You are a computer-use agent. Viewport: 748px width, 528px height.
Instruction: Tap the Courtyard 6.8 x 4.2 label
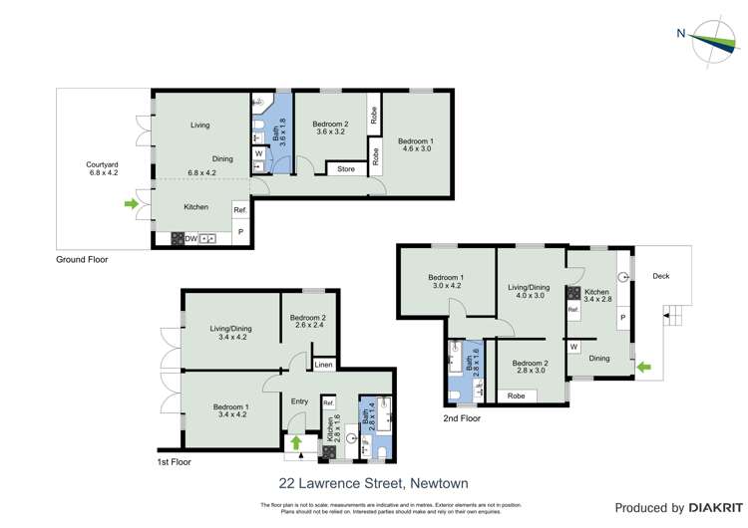(102, 168)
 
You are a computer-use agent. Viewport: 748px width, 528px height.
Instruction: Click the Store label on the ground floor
(346, 169)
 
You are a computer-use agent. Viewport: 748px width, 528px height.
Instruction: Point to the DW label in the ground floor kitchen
(189, 238)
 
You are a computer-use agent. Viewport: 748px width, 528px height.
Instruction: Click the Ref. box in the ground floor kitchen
(239, 210)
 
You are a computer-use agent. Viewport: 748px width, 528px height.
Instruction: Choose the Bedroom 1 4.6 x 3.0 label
(415, 145)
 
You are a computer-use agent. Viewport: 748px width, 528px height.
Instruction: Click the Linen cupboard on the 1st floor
(323, 365)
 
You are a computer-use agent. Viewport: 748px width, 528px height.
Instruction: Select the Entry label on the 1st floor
(299, 401)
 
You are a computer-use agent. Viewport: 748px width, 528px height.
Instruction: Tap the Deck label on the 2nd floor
(661, 276)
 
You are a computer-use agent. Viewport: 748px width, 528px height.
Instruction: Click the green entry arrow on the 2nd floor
(643, 368)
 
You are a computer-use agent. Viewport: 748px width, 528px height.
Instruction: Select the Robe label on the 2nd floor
(516, 396)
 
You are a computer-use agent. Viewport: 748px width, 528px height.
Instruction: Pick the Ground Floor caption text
(82, 259)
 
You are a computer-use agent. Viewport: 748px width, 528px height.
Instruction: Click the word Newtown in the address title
(439, 483)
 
